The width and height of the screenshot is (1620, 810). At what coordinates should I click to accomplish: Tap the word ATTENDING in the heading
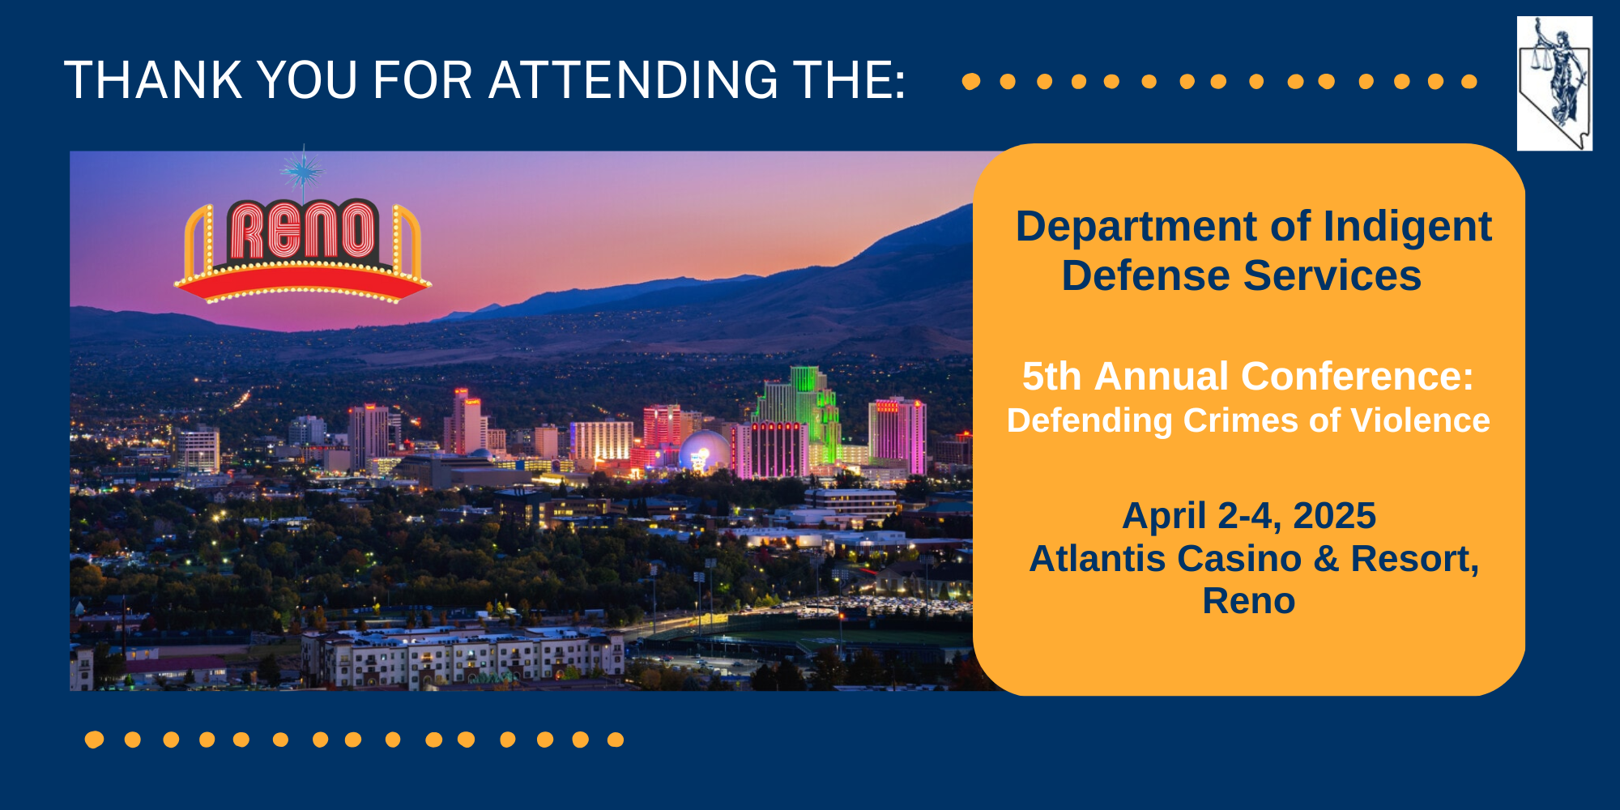(633, 80)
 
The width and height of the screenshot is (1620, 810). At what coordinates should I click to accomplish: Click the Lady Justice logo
(1554, 83)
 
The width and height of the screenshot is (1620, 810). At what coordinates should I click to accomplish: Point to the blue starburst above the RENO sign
(303, 171)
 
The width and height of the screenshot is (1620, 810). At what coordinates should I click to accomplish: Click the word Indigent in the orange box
(1407, 228)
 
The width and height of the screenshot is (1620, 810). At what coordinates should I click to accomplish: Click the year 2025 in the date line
(1334, 516)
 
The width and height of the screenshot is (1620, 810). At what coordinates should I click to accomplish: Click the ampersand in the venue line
(1326, 559)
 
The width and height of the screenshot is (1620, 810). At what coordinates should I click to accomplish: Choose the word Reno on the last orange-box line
(1249, 601)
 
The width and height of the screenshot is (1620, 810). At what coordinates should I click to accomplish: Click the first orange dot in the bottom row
(95, 740)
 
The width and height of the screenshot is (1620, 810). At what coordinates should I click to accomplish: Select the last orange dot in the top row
(1469, 81)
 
